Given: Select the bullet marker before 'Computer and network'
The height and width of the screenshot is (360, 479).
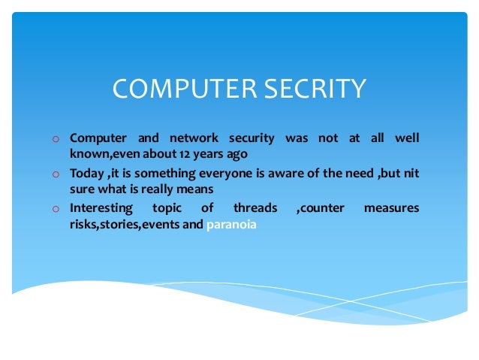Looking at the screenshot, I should click(x=56, y=139).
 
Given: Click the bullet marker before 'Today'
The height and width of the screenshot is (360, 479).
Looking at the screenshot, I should click(x=56, y=174).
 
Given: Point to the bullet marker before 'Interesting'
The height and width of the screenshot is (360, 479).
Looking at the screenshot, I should click(x=56, y=209).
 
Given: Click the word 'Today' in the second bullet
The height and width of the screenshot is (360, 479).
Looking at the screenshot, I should click(x=86, y=174).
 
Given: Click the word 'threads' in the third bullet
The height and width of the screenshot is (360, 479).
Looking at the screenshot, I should click(x=255, y=207).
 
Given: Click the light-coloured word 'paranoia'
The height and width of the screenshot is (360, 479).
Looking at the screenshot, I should click(x=231, y=224).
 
